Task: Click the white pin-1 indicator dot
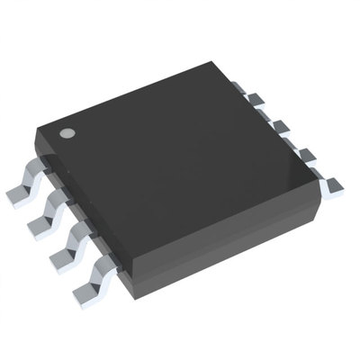point(67,134)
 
